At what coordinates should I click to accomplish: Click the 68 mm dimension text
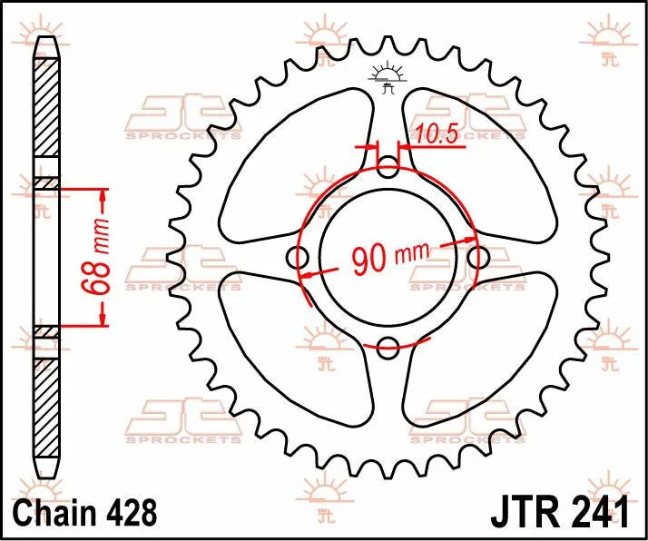point(103,258)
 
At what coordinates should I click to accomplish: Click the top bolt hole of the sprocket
point(388,168)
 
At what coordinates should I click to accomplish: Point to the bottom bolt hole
point(388,344)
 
